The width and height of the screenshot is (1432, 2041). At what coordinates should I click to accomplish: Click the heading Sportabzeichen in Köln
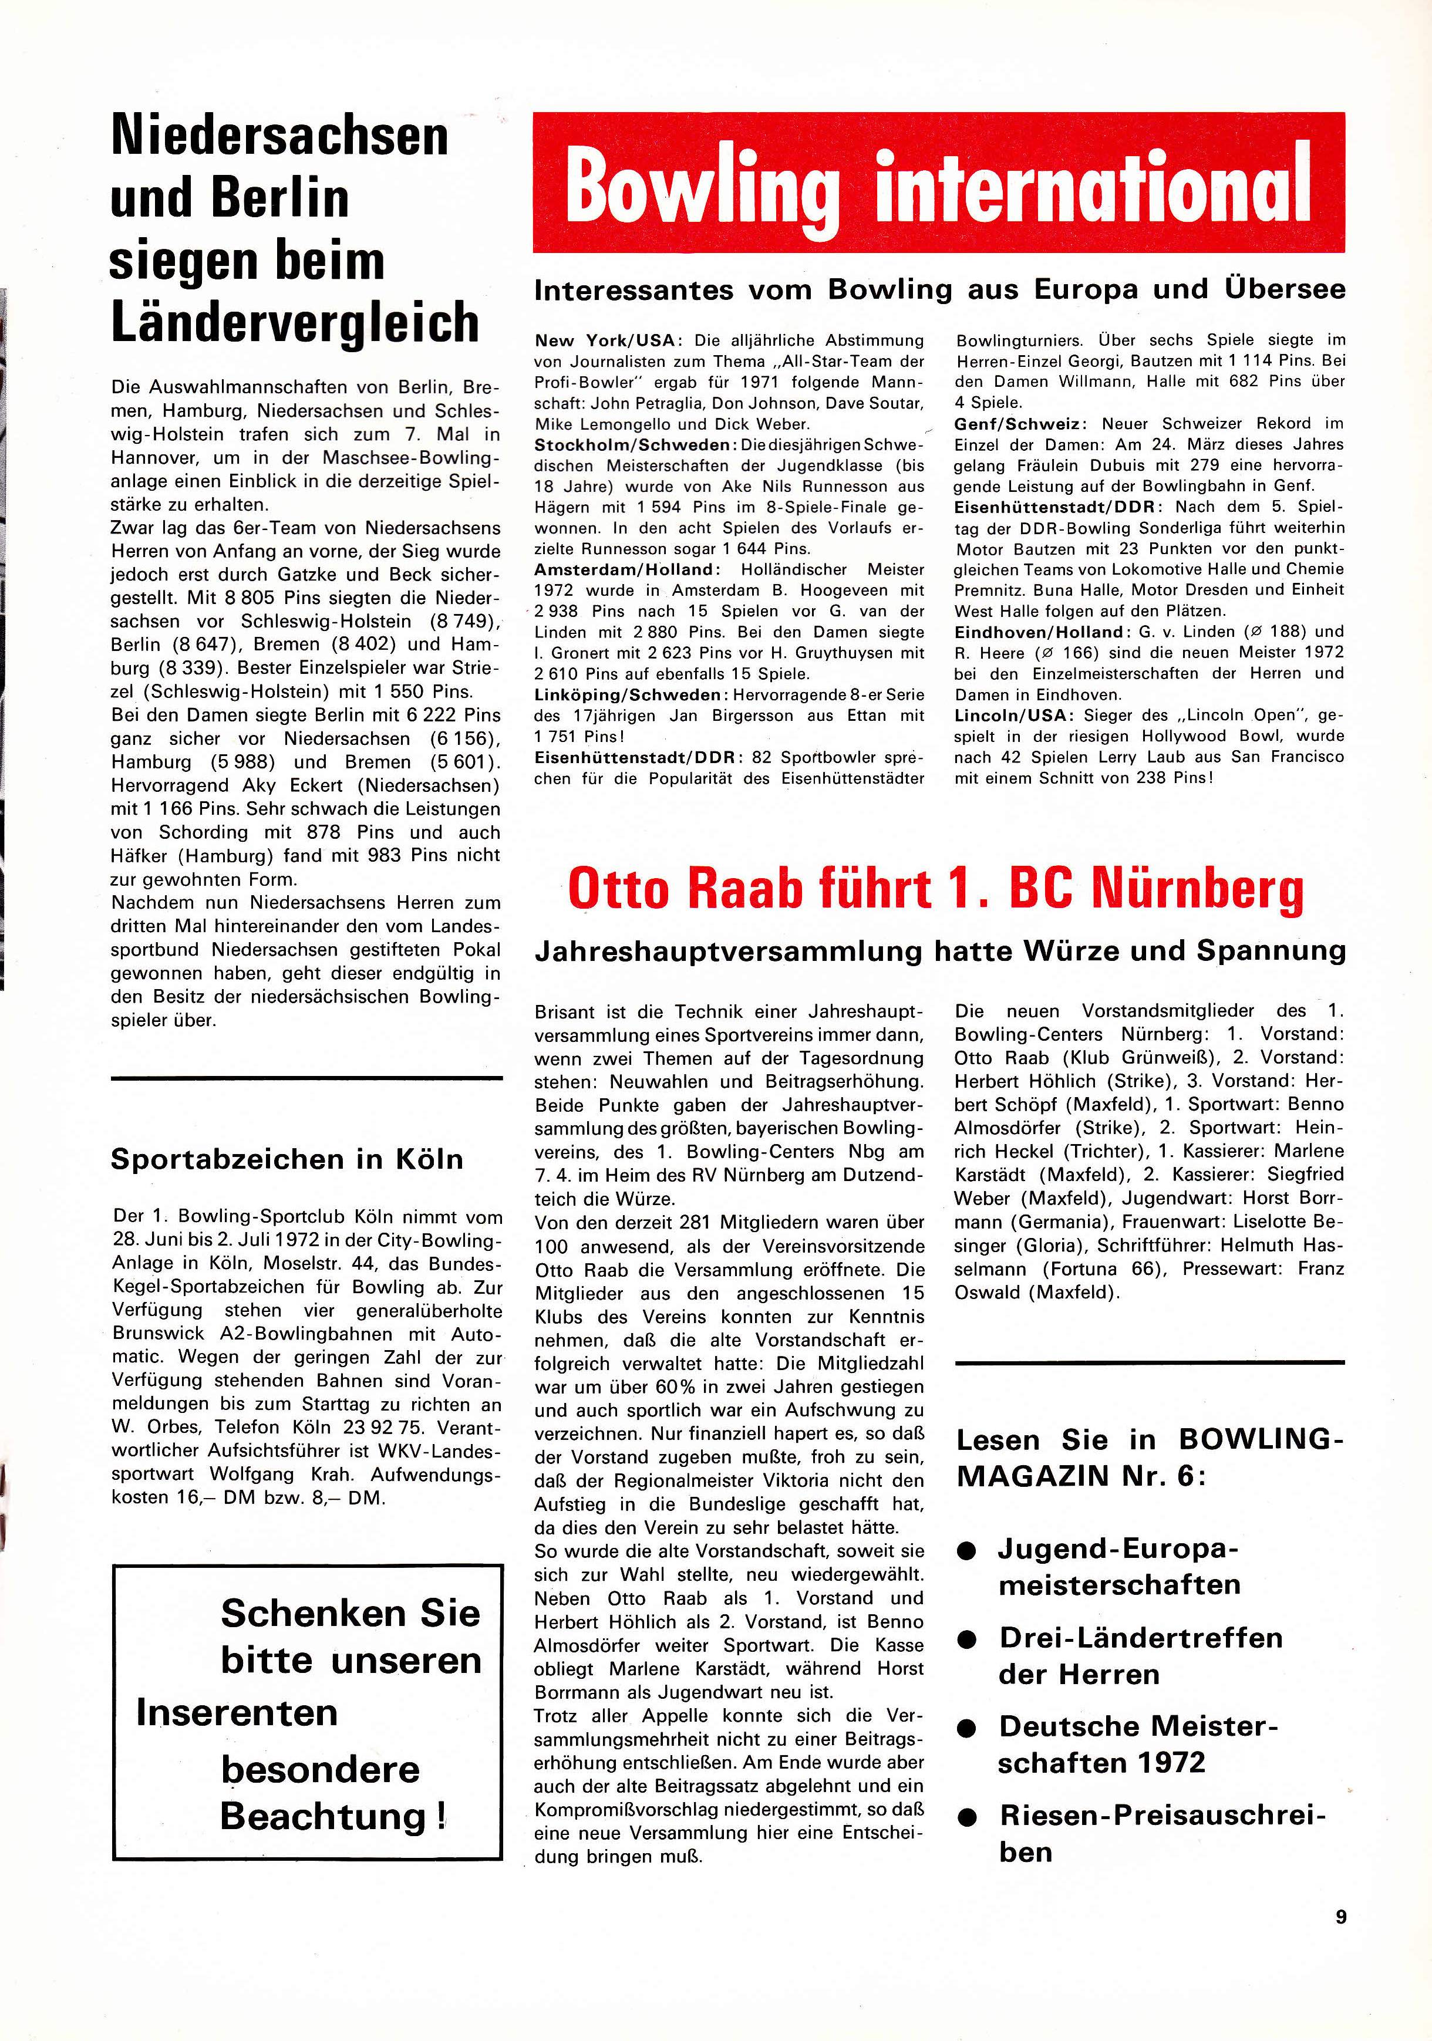pyautogui.click(x=287, y=1159)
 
